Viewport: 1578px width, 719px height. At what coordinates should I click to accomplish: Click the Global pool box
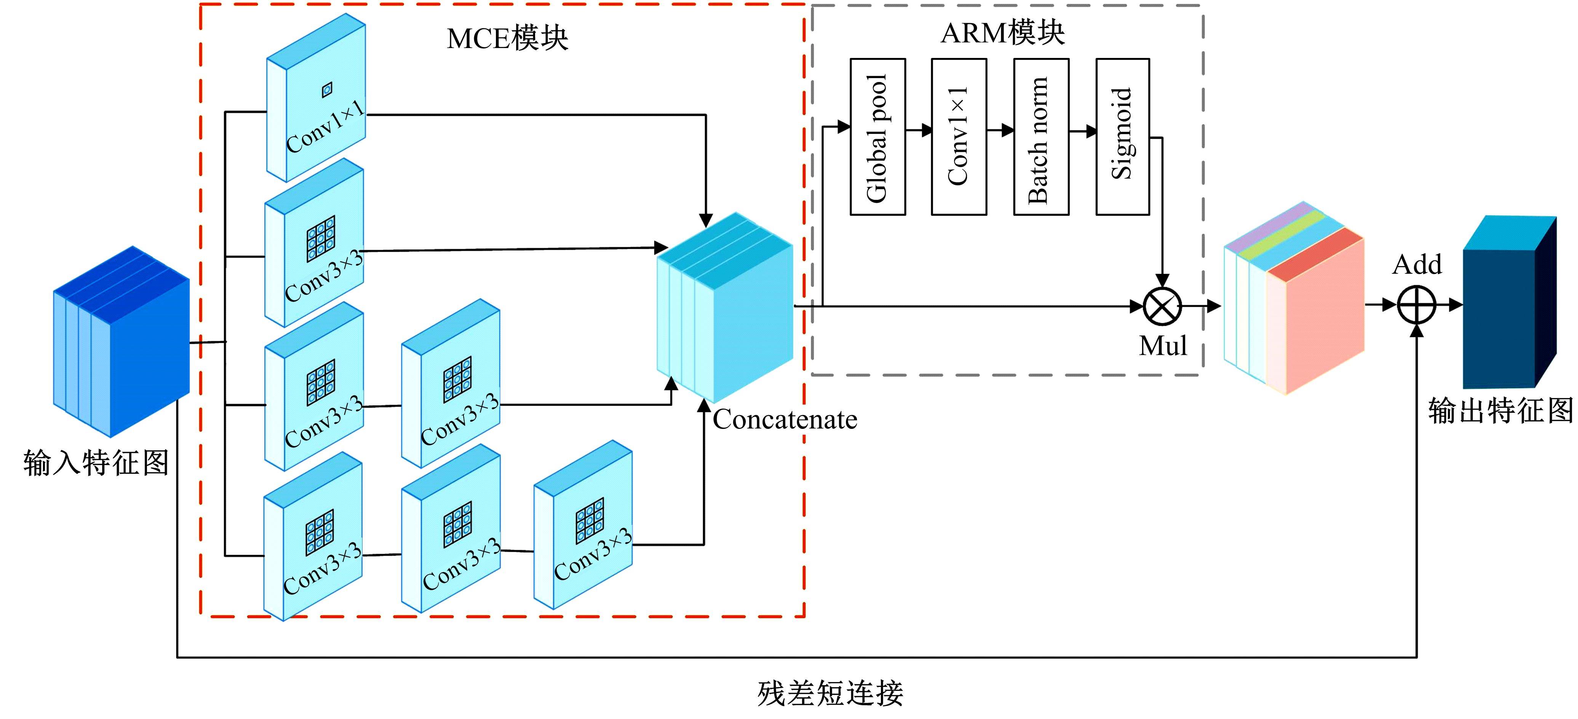point(877,137)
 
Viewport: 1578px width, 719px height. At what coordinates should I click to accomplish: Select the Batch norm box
point(1041,137)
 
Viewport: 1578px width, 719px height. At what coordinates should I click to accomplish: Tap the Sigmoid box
point(1122,137)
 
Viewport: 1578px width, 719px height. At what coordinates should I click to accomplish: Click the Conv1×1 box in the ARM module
point(959,137)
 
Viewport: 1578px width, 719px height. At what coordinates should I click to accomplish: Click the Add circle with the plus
point(1416,305)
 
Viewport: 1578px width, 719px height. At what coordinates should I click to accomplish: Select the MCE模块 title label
point(507,39)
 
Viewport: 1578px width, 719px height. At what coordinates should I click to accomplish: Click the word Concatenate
point(785,420)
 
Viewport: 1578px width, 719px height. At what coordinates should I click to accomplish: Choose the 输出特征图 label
point(1501,410)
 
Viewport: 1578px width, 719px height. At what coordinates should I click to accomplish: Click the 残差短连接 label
point(830,693)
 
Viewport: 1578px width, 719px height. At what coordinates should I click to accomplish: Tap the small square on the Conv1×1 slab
point(327,90)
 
